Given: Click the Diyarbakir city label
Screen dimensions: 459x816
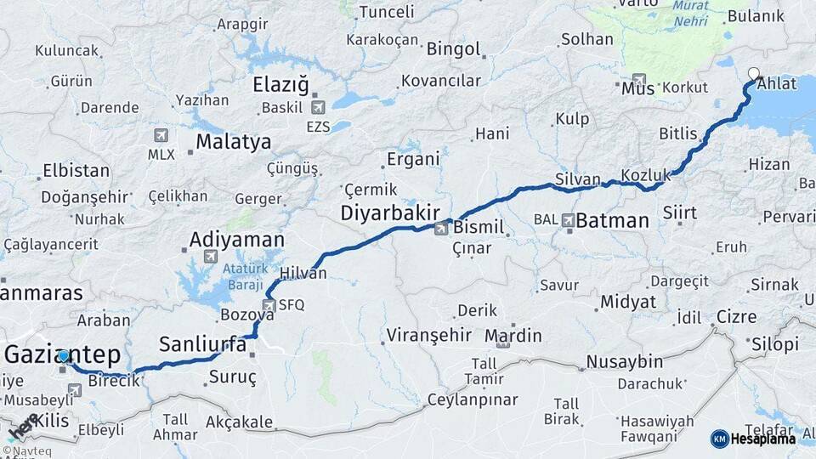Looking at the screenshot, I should pos(389,212).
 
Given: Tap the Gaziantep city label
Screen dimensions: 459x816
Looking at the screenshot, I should pos(63,354).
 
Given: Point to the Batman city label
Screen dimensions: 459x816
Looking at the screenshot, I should pos(612,221).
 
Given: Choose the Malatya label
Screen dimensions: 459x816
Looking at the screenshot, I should pos(233,141).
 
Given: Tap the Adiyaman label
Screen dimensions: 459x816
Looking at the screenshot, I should pos(236,239).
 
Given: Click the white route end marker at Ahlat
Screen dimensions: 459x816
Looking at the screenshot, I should pos(753,73).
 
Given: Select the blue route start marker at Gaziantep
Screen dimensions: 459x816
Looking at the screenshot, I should pos(64,356).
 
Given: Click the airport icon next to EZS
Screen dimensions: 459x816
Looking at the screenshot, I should pos(318,107).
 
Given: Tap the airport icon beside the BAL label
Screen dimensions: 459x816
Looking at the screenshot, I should pos(568,220).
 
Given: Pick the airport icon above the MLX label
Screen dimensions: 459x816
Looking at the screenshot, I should pos(161,135).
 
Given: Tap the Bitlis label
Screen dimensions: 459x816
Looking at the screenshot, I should pos(677,134).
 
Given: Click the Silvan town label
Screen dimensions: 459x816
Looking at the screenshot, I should pos(578,179).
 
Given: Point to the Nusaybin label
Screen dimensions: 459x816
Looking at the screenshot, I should pos(624,362).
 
